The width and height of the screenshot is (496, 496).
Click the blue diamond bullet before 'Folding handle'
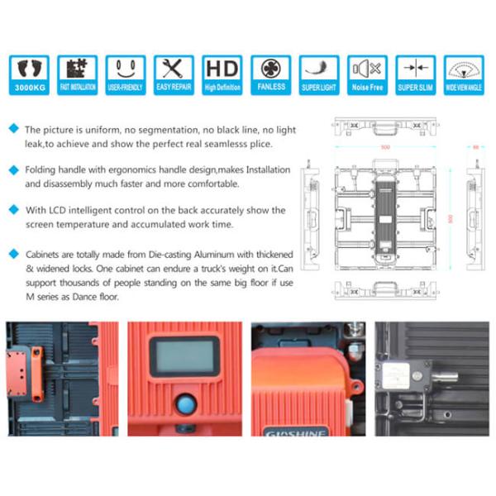12,169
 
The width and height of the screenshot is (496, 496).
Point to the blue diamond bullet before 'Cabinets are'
12,253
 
